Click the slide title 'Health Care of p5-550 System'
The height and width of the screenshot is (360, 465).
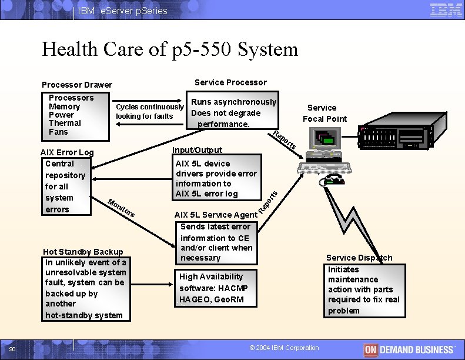[x=170, y=49]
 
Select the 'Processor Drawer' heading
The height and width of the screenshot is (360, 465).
[x=76, y=85]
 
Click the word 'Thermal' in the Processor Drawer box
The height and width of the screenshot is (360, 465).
[x=65, y=123]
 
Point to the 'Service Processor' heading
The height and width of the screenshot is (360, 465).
[x=230, y=82]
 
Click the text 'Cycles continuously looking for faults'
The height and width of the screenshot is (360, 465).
[x=150, y=111]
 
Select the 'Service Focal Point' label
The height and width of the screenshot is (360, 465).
[x=324, y=113]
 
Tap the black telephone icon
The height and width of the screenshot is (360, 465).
[x=332, y=179]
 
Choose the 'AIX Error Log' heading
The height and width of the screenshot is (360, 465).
[x=66, y=152]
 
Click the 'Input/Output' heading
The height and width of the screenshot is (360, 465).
[x=197, y=150]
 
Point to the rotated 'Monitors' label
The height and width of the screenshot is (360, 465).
[x=122, y=208]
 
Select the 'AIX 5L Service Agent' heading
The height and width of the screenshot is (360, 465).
[x=216, y=215]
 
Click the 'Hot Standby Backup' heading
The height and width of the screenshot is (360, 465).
[x=83, y=252]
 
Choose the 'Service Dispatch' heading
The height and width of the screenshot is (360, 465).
[x=359, y=258]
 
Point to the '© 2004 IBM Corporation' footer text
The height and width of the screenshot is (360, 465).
[x=284, y=348]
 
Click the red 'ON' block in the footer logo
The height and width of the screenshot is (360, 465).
[x=370, y=349]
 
